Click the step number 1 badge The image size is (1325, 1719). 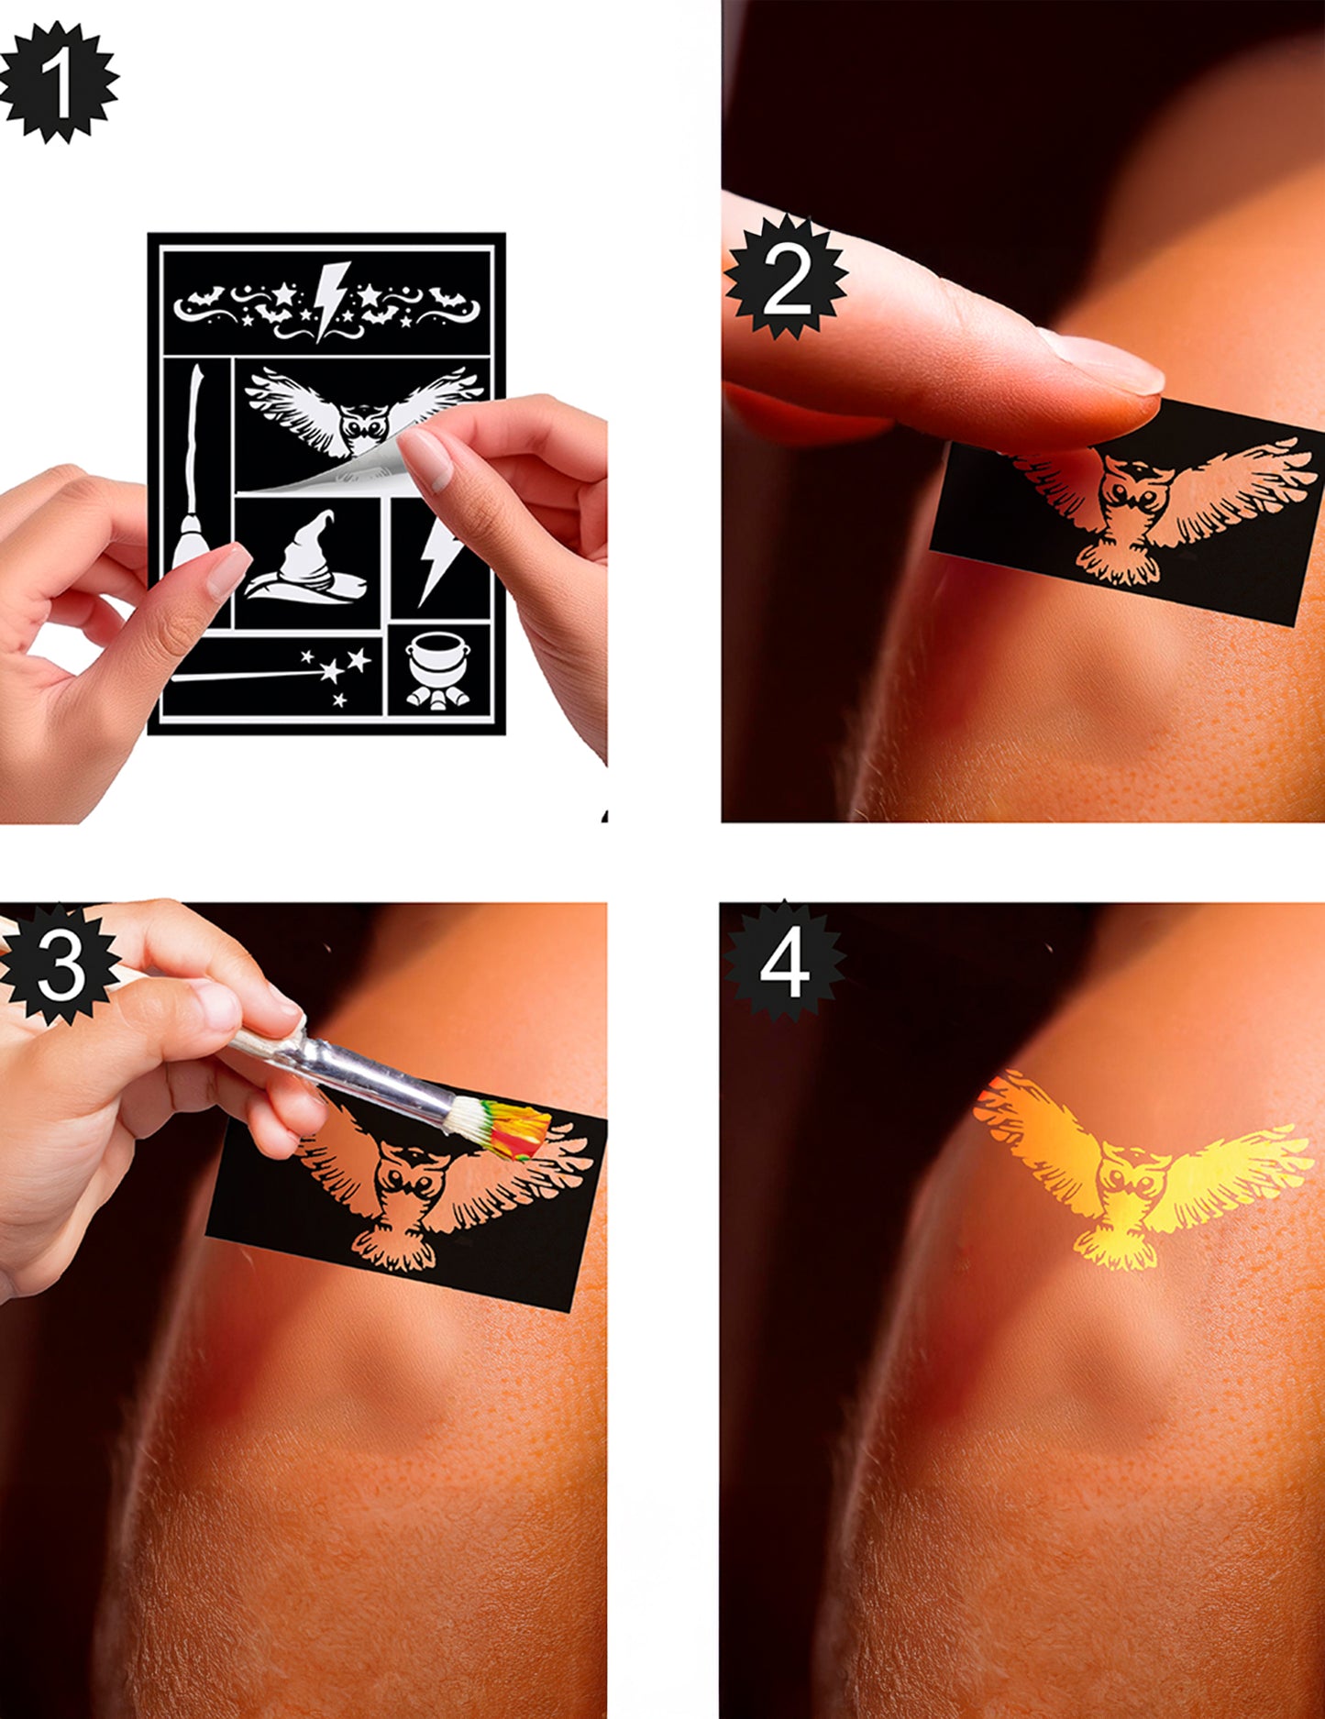pyautogui.click(x=59, y=83)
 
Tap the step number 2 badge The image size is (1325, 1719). pyautogui.click(x=786, y=278)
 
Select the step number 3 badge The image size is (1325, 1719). pyautogui.click(x=61, y=964)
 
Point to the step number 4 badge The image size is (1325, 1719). pyautogui.click(x=784, y=961)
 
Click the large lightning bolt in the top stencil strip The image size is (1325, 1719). pyautogui.click(x=330, y=299)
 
